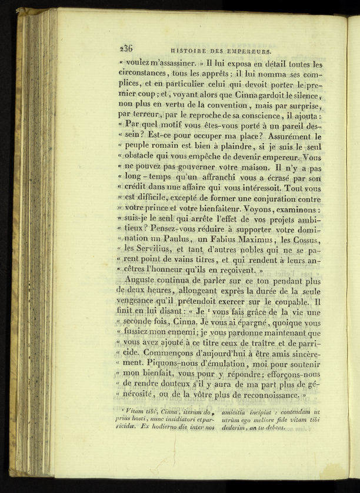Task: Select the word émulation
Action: pos(223,365)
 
